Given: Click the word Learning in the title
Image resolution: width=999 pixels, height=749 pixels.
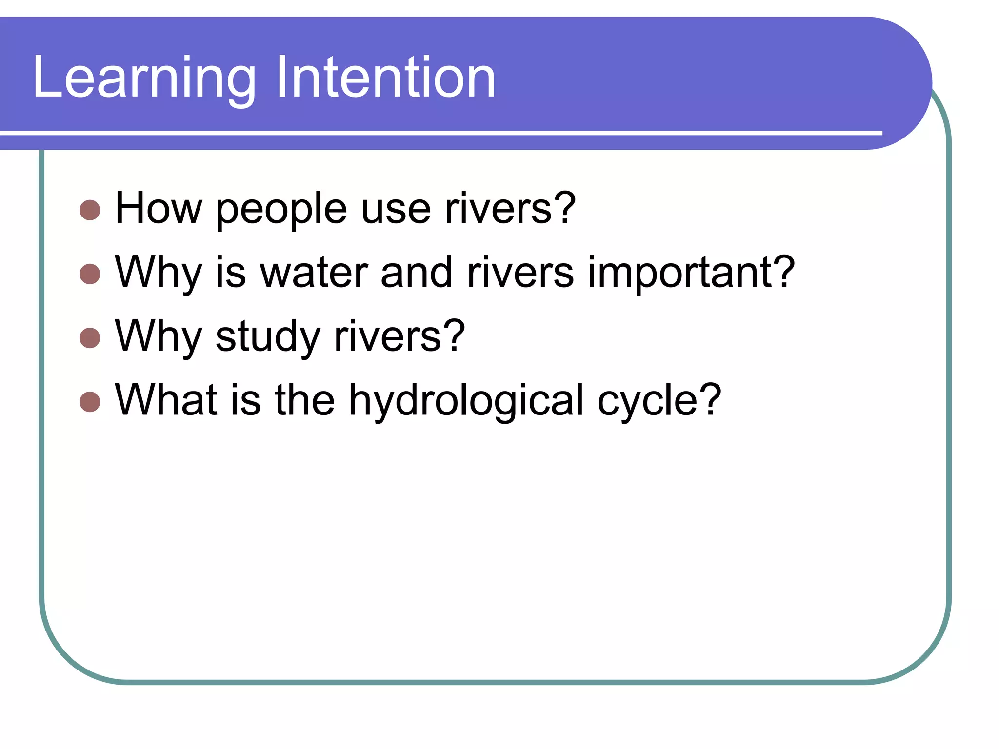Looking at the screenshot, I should [x=144, y=78].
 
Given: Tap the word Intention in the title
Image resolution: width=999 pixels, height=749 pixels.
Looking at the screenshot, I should [x=385, y=78].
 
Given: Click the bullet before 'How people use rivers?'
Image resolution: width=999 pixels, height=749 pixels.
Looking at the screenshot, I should [x=90, y=210].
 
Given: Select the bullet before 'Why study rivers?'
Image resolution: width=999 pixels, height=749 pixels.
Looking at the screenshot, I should [x=90, y=338].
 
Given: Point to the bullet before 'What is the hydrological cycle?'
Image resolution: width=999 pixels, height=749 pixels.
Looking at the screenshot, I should [x=90, y=402].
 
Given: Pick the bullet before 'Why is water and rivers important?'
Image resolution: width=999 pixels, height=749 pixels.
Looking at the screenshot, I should [x=90, y=274].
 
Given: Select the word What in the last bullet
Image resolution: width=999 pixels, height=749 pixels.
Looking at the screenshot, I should [x=166, y=400].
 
